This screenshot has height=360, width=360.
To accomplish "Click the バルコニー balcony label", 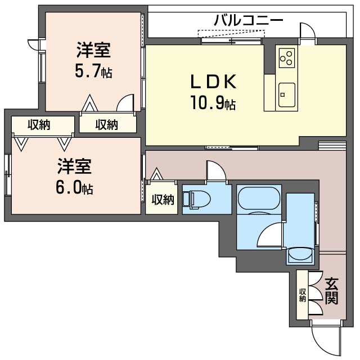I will (248, 21).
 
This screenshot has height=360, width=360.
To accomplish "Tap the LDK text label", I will (212, 83).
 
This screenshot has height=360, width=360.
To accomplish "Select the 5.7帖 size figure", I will (93, 72).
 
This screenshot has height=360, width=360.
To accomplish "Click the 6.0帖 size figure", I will (74, 187).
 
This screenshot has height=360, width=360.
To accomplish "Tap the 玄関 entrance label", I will (331, 290).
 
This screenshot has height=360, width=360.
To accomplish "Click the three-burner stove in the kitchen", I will (286, 57).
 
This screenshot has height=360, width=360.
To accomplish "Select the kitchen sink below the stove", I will (286, 92).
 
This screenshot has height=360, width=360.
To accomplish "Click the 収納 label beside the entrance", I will (303, 295).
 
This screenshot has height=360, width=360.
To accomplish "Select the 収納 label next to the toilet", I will (163, 199).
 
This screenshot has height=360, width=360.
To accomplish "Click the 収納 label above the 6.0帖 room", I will (39, 125).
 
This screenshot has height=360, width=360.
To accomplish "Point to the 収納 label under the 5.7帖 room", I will (107, 125).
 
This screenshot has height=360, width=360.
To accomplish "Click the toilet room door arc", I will (216, 171).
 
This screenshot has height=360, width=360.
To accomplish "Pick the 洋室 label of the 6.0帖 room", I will (74, 167).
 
